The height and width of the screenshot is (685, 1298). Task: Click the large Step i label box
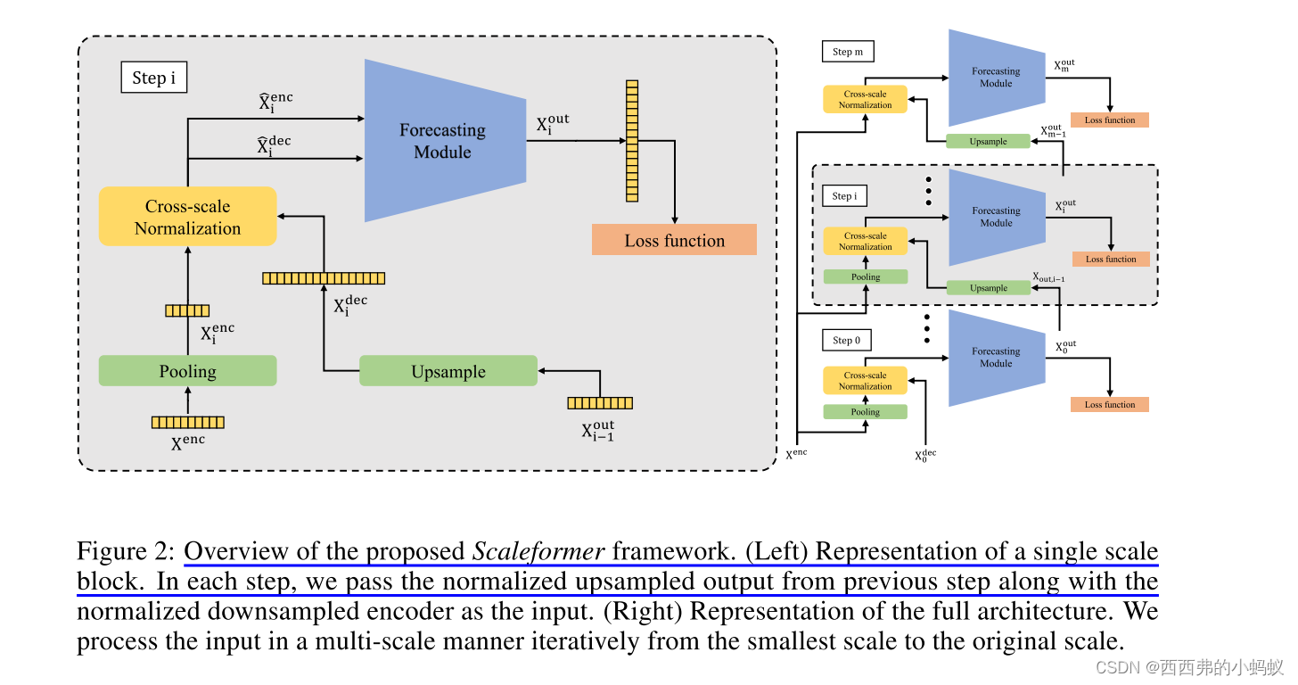(x=153, y=78)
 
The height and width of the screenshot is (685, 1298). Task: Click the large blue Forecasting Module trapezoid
(x=443, y=141)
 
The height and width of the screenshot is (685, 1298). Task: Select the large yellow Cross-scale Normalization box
(x=187, y=217)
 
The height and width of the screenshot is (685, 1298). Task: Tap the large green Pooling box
(x=187, y=371)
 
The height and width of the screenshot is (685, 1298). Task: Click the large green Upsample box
(x=448, y=371)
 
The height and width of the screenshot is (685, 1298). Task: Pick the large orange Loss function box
(x=674, y=240)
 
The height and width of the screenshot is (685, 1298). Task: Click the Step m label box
(x=847, y=52)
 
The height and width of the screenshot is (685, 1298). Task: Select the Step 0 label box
(x=846, y=340)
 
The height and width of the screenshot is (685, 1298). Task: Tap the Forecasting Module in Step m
(x=995, y=78)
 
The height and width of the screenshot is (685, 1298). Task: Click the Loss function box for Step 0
(x=1109, y=404)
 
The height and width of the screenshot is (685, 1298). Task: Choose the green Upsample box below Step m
(x=987, y=141)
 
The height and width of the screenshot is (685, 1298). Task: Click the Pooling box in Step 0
(x=865, y=412)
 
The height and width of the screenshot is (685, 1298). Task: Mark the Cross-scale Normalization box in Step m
(x=865, y=99)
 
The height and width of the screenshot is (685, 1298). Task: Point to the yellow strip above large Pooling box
(x=187, y=310)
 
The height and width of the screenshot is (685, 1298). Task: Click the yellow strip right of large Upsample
(x=599, y=403)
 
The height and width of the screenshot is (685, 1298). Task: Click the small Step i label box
(x=843, y=195)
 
